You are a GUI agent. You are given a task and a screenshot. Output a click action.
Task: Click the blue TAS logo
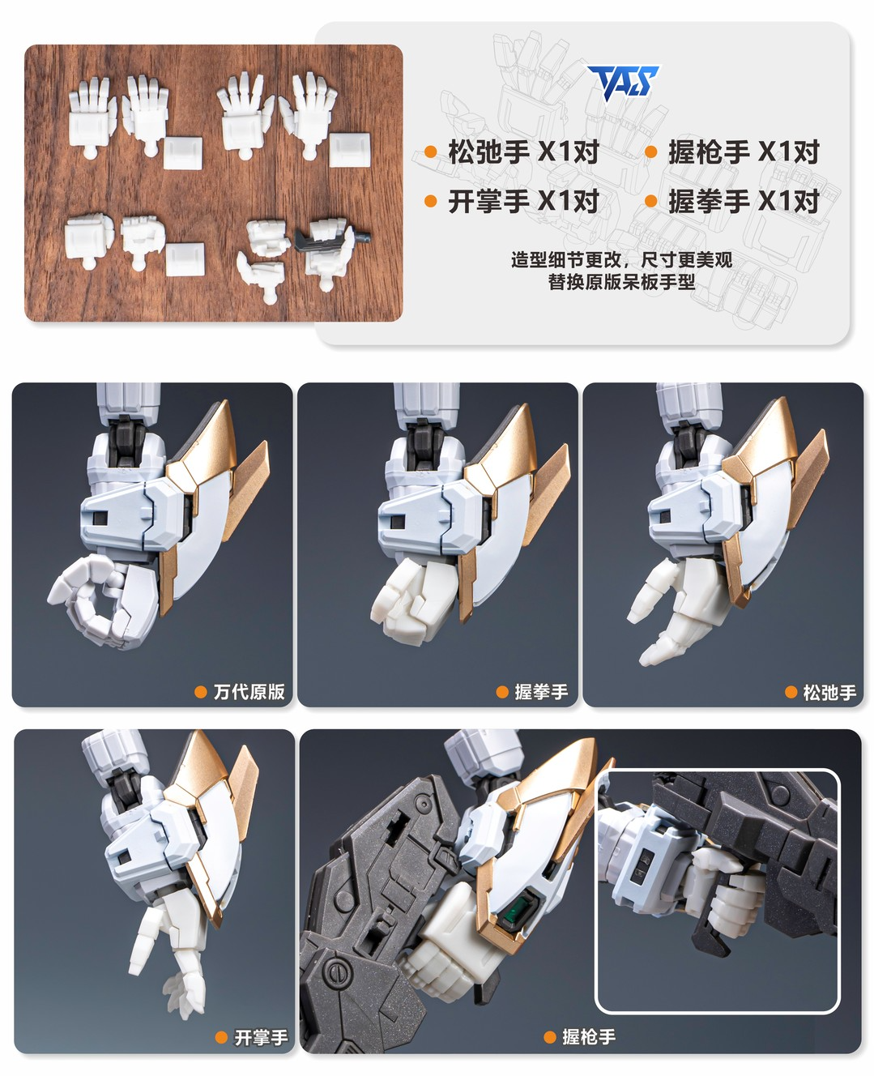pyautogui.click(x=623, y=83)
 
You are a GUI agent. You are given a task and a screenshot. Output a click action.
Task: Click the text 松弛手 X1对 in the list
pyautogui.click(x=523, y=152)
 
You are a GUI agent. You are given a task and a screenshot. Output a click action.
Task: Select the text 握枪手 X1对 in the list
pyautogui.click(x=744, y=152)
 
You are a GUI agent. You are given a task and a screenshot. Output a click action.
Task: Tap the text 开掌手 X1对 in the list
pyautogui.click(x=523, y=202)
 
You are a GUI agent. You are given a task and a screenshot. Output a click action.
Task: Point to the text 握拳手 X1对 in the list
pyautogui.click(x=744, y=202)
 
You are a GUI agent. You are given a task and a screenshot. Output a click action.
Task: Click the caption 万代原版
pyautogui.click(x=249, y=692)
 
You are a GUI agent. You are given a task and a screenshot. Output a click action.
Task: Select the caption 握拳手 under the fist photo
pyautogui.click(x=541, y=692)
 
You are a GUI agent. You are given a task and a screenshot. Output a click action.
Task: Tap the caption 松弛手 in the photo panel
pyautogui.click(x=829, y=692)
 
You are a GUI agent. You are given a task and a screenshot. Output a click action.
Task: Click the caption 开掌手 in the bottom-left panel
pyautogui.click(x=261, y=1038)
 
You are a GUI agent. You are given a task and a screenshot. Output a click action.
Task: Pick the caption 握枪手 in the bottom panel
pyautogui.click(x=589, y=1037)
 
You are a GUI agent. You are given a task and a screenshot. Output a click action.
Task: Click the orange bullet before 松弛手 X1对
pyautogui.click(x=431, y=152)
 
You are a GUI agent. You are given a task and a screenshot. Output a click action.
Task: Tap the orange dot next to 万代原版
pyautogui.click(x=200, y=692)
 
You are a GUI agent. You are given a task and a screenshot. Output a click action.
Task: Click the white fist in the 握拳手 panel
pyautogui.click(x=413, y=600)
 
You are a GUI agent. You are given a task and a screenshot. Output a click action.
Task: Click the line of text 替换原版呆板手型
pyautogui.click(x=621, y=281)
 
